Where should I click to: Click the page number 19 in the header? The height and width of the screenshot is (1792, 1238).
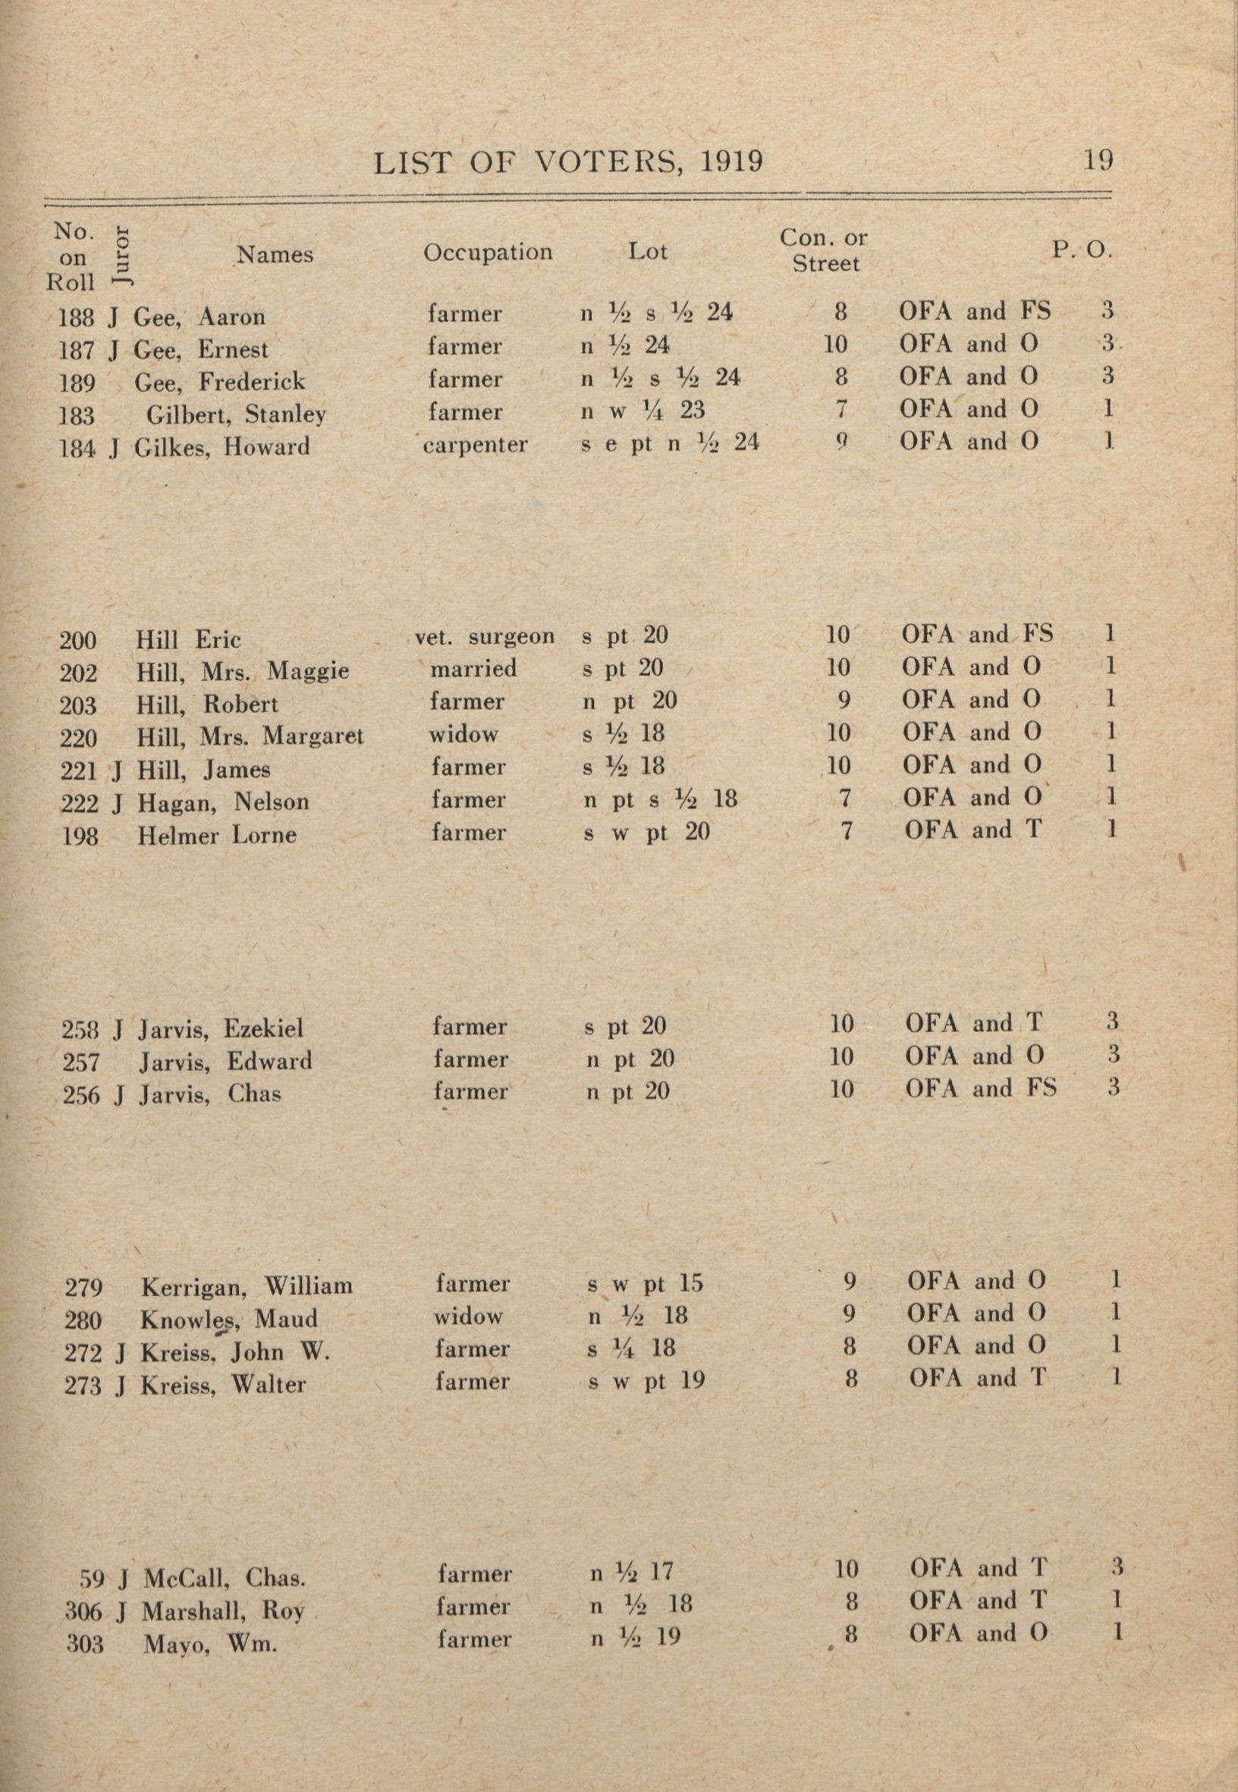coord(1098,161)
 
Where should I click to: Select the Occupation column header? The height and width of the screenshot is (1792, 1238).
coord(487,252)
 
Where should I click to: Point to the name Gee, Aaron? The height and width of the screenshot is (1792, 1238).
coord(200,316)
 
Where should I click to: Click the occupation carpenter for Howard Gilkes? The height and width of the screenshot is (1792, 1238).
coord(475,445)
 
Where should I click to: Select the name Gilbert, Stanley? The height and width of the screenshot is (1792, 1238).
coord(236,414)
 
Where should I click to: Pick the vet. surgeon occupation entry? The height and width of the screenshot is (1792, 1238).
coord(485,636)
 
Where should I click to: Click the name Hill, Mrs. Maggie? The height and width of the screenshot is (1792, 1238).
coord(242,670)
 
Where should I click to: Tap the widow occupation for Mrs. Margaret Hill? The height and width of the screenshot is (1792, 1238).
coord(463,733)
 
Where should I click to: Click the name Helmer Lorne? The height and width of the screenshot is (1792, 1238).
coord(216,835)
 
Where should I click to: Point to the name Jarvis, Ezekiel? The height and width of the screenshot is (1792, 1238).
coord(221,1029)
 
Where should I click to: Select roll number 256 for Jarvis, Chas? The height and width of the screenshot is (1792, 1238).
coord(80,1095)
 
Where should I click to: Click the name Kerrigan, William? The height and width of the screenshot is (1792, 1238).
coord(247,1286)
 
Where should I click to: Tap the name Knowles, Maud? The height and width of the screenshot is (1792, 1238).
coord(229,1319)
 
